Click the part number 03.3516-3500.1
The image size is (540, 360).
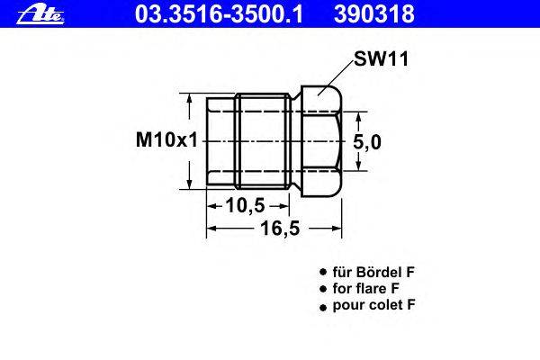[x=219, y=14]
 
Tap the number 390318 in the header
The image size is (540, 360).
[x=374, y=14]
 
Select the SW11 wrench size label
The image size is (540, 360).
[x=382, y=58]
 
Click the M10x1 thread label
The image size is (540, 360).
[x=167, y=140]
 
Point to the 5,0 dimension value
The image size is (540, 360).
[x=367, y=142]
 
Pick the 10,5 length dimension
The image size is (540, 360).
[x=245, y=206]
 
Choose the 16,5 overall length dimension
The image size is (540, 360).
[x=280, y=228]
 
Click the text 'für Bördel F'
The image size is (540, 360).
[x=373, y=272]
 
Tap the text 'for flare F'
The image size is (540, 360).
[x=365, y=288]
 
